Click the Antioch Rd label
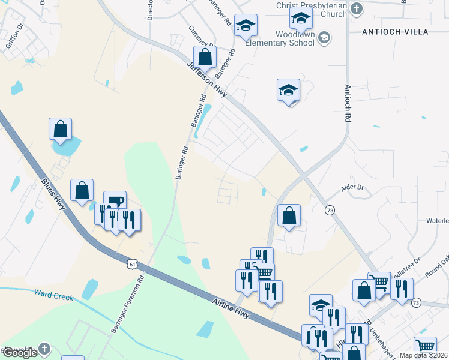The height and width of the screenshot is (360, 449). click(x=347, y=103)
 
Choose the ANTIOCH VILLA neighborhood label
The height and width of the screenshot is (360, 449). click(x=396, y=31)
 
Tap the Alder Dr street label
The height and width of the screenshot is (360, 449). click(x=352, y=188)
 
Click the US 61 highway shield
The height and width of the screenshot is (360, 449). click(x=133, y=264)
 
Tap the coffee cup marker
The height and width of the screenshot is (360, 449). click(x=115, y=200)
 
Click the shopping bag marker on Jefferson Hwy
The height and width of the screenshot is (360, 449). click(x=205, y=58)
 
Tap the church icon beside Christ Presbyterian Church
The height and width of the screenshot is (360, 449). click(x=357, y=8)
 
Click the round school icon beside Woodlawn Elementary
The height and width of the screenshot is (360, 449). click(x=324, y=38)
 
